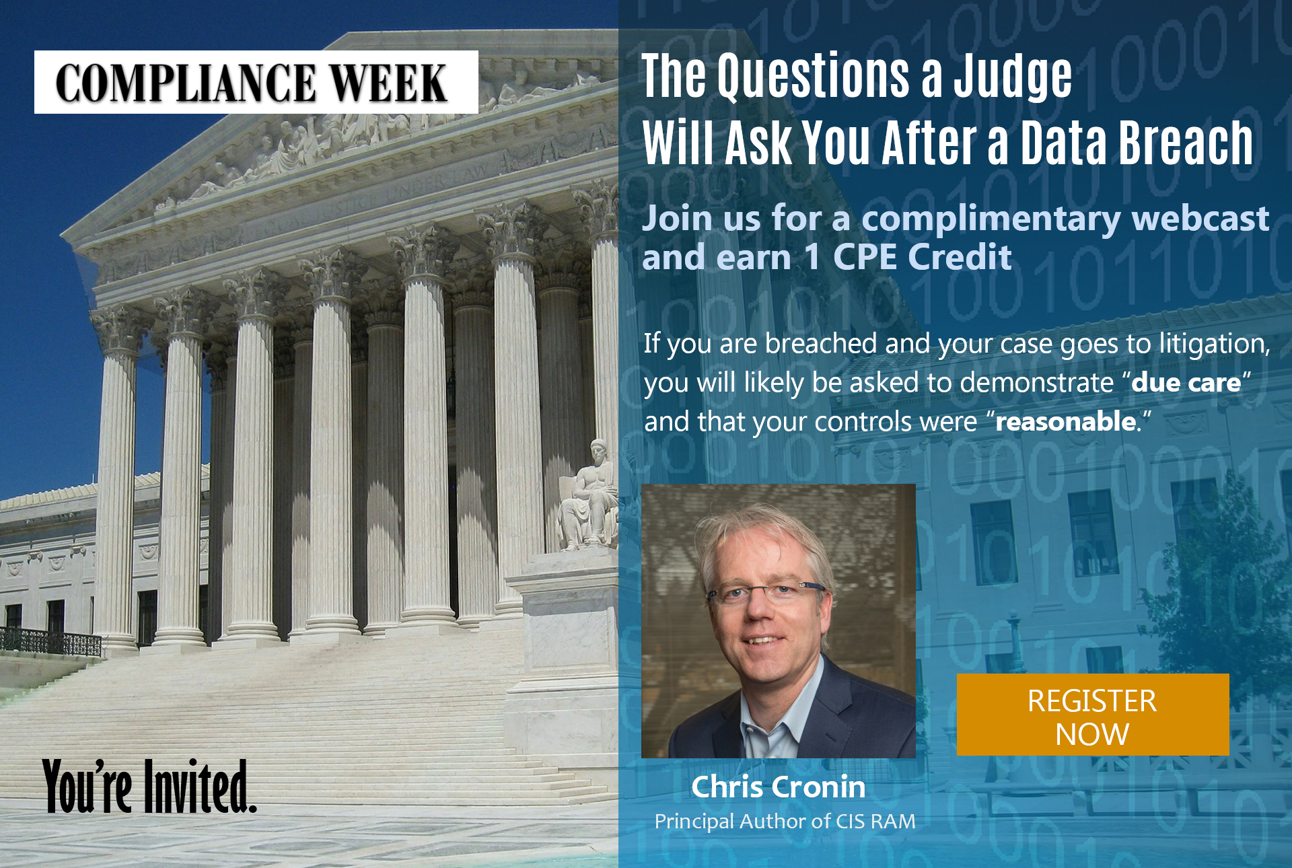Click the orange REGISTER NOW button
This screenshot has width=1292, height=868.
(x=1093, y=715)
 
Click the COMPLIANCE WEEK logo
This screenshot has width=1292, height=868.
(x=256, y=82)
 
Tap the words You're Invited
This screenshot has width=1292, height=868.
(x=149, y=786)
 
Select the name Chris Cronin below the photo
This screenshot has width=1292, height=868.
(x=779, y=787)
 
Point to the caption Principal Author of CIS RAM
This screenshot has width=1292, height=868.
(x=785, y=822)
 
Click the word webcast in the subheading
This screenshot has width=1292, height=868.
(x=1200, y=218)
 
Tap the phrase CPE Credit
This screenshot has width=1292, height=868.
(x=922, y=257)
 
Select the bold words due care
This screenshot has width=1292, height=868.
(x=1186, y=382)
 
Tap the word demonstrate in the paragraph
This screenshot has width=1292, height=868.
(x=1037, y=382)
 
